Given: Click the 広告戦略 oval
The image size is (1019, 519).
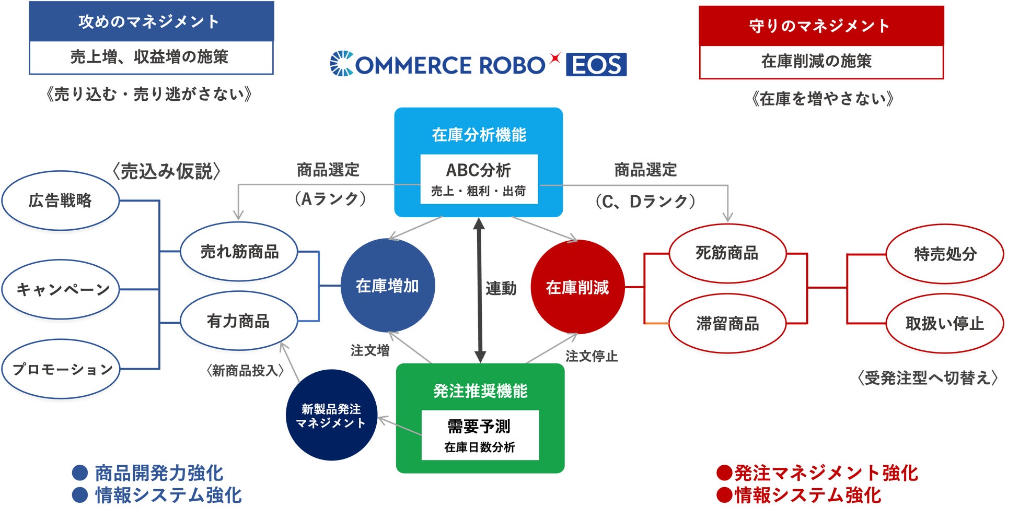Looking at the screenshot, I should [61, 200].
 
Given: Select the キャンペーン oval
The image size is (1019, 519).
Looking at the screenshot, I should [61, 289].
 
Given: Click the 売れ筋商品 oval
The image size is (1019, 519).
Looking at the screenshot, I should [239, 252].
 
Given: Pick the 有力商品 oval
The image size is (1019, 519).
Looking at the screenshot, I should [238, 321].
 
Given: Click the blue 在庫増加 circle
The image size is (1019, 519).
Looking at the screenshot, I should [387, 286].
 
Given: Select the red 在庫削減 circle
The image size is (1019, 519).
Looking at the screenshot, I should [577, 287].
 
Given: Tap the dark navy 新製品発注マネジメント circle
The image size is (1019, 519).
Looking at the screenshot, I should [331, 416].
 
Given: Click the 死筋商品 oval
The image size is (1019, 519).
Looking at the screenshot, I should [727, 254].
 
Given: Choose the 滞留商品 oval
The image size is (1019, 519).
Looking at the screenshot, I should [727, 324].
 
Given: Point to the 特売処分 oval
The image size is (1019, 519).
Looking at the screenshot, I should [945, 254].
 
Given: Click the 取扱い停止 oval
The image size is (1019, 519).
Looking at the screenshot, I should [945, 324].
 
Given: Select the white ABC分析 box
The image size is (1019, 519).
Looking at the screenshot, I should [479, 179].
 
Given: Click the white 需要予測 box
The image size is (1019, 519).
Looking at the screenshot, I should [480, 435].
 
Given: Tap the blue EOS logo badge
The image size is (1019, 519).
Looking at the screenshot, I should [596, 65].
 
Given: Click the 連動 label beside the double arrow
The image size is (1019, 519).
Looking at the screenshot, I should [501, 288].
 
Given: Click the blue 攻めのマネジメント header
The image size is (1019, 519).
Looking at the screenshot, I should [151, 21].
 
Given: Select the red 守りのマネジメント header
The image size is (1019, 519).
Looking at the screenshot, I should [821, 26].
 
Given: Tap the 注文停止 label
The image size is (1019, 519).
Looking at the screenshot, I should [591, 356].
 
